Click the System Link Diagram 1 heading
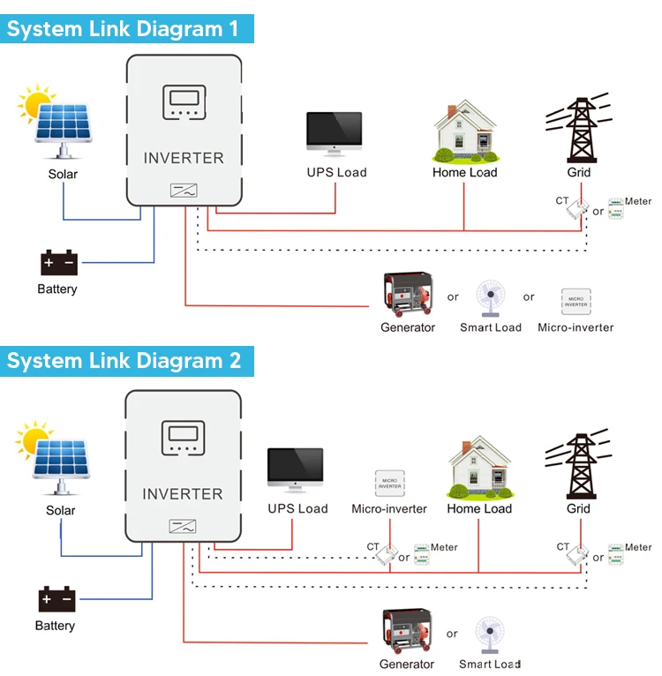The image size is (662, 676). pos(123,28)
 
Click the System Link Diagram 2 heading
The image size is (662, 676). pos(124,361)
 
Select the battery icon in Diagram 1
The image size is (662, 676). pos(59,263)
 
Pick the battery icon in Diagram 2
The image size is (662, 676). pos(57,600)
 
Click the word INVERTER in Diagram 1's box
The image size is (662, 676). pos(184,158)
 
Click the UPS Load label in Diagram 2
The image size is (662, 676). pos(297,508)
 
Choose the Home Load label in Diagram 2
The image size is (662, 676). pos(479,508)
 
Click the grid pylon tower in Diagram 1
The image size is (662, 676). pos(579,128)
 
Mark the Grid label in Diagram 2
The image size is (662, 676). pos(578,508)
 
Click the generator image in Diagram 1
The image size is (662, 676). pos(408,296)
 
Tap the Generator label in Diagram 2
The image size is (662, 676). pos(407,664)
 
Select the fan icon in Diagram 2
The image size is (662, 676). pos(489,635)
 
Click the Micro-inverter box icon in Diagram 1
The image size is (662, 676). pos(575,302)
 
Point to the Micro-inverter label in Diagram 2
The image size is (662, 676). pos(389,508)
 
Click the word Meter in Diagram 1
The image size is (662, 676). pos(638,201)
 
